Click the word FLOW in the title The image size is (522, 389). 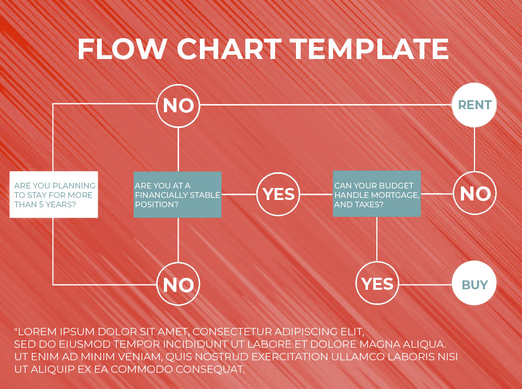[x=122, y=49]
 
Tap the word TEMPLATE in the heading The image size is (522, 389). [x=369, y=49]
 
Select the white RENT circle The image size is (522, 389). [x=474, y=105]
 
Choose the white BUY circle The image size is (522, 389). [x=474, y=283]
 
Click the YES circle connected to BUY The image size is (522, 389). [x=377, y=283]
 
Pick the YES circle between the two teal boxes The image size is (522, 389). [x=278, y=194]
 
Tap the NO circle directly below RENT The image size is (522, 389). [x=474, y=193]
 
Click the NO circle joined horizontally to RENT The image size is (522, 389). [x=178, y=105]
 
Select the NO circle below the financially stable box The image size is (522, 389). [x=178, y=284]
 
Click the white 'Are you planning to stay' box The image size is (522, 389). [x=54, y=194]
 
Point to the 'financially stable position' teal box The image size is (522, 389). [x=177, y=194]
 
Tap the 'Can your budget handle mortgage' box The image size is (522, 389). [x=377, y=194]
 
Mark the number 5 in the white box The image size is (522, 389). [x=41, y=205]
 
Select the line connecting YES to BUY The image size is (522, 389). [x=426, y=285]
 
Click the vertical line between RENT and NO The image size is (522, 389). [x=474, y=149]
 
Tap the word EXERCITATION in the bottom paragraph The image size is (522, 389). [x=290, y=357]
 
